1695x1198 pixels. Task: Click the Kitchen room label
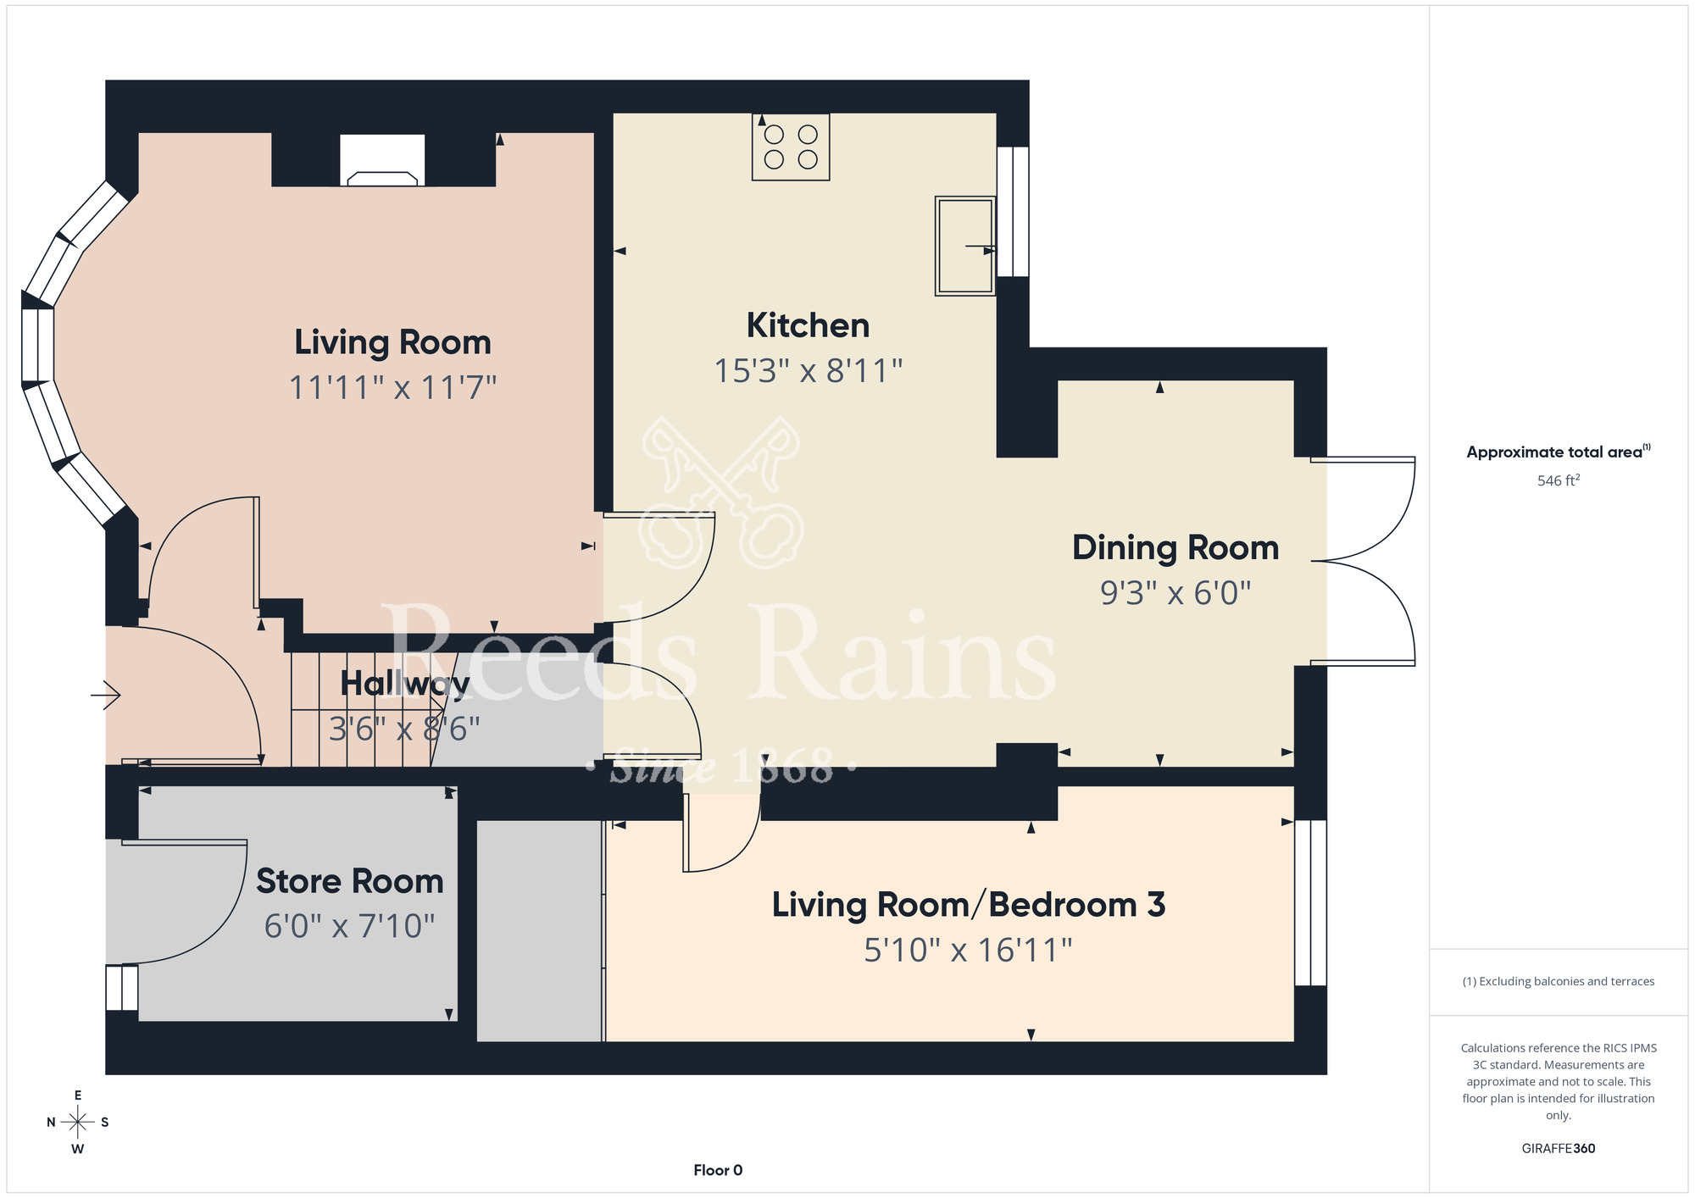coord(808,325)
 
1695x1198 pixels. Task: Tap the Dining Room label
coord(1175,548)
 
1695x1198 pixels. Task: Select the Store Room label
coord(350,881)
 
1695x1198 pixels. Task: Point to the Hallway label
coord(404,684)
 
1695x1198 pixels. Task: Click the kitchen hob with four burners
coord(791,147)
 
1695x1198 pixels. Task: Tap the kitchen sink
coord(965,246)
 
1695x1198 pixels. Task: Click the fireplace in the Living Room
coord(382,160)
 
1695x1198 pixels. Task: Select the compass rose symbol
coord(78,1123)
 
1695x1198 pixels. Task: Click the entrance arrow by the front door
coord(106,696)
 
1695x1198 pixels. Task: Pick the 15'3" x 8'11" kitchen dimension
coord(808,371)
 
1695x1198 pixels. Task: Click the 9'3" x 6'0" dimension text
coord(1175,593)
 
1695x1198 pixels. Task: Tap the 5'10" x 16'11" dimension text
coord(968,951)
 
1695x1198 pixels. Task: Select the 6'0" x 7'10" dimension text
coord(349,926)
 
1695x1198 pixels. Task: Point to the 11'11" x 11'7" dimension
coord(392,388)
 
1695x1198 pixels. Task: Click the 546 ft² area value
coord(1559,480)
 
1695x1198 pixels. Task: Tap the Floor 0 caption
coord(718,1170)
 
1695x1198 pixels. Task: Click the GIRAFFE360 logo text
coord(1559,1149)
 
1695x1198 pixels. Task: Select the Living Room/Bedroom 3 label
coord(969,905)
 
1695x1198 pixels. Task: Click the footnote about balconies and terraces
coord(1559,981)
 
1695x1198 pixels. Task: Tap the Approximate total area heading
coord(1559,452)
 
